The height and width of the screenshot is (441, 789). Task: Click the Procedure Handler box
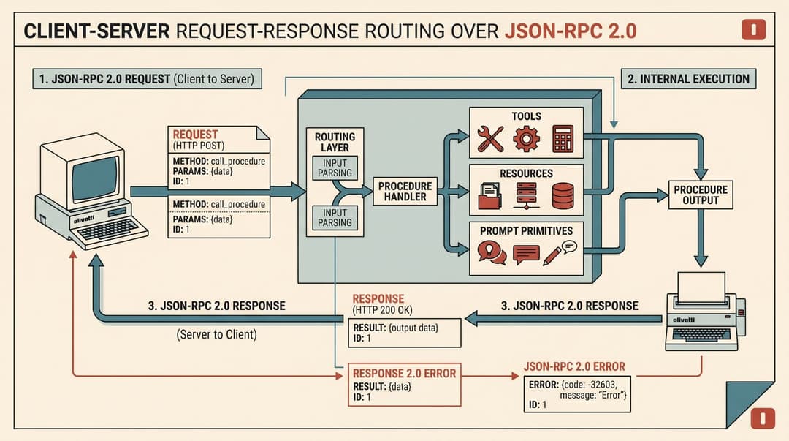[405, 192]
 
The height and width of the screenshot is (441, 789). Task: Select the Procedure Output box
[701, 195]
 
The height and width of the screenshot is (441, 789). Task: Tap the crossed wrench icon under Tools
[490, 139]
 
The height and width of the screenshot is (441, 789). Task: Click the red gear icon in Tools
[526, 139]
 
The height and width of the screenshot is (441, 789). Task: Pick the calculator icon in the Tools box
[563, 139]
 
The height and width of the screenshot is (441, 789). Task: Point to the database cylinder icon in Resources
[563, 196]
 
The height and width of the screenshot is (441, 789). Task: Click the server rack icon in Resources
[526, 196]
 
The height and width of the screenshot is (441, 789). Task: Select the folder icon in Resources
[489, 197]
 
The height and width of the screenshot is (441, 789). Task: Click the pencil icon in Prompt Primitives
[552, 256]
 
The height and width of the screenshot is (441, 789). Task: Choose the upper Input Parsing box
[335, 167]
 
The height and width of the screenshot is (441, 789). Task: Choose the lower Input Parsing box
[335, 218]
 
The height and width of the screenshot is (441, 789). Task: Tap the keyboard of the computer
[107, 230]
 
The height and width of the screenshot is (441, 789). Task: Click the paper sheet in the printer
[701, 287]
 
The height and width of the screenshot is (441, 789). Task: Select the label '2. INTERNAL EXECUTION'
[689, 79]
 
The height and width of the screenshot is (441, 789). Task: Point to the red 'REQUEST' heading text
[195, 135]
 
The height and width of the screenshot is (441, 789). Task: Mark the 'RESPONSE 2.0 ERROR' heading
[404, 374]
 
